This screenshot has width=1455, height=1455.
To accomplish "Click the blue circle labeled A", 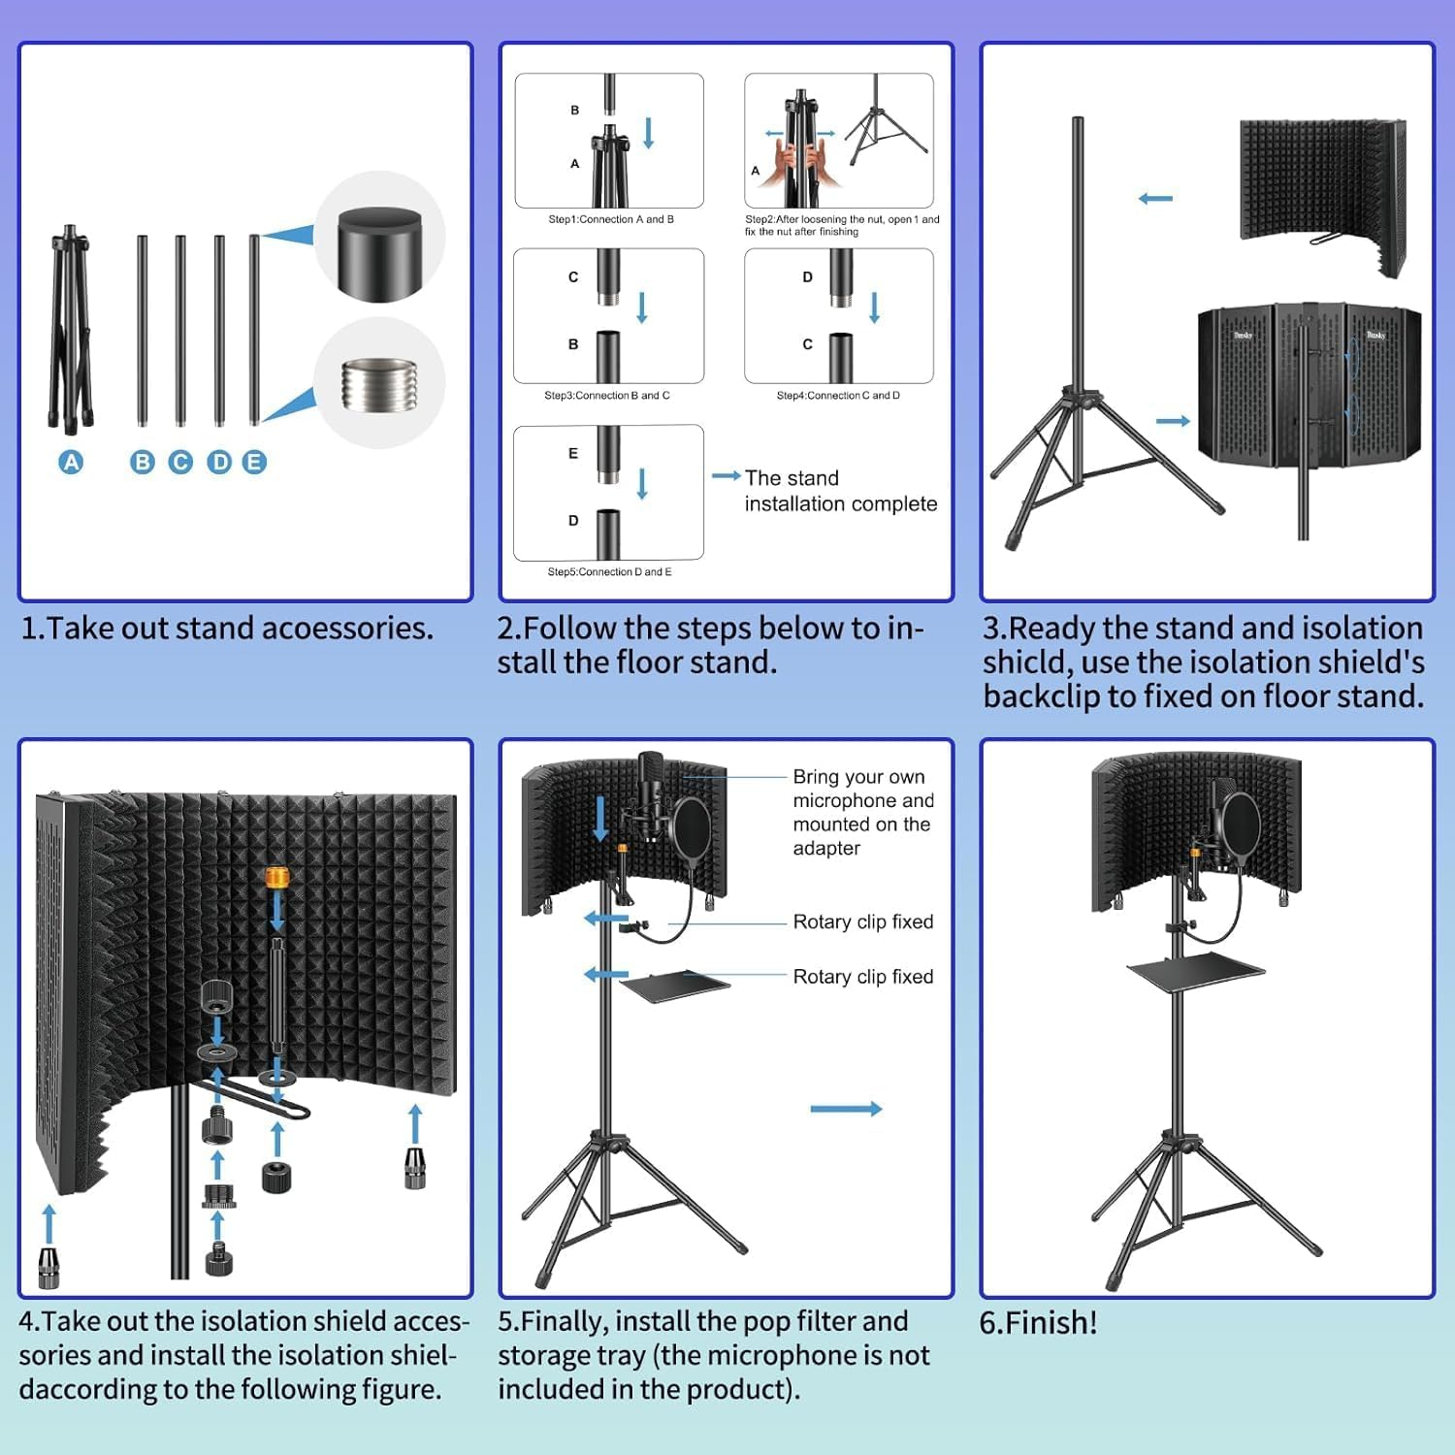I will (x=71, y=463).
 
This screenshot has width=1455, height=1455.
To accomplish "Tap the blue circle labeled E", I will (x=254, y=463).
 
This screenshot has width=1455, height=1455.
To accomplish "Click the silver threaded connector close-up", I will (x=378, y=384).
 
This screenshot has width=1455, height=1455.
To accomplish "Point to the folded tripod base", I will (x=71, y=330).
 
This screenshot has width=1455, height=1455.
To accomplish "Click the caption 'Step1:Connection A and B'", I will (x=610, y=220).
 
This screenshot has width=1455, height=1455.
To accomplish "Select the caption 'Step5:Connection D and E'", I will (x=609, y=572).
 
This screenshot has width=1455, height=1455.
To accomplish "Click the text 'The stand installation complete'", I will (x=840, y=491).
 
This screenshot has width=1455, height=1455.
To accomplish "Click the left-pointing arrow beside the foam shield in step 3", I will (x=1155, y=199).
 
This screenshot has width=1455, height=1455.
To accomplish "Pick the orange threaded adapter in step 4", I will (x=277, y=878).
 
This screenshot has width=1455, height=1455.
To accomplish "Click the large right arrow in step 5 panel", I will (x=846, y=1109).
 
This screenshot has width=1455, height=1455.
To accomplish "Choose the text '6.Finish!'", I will (x=1038, y=1323).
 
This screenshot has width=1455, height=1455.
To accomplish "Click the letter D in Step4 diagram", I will (x=807, y=277).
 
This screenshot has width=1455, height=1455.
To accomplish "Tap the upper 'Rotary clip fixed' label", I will (x=862, y=921).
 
